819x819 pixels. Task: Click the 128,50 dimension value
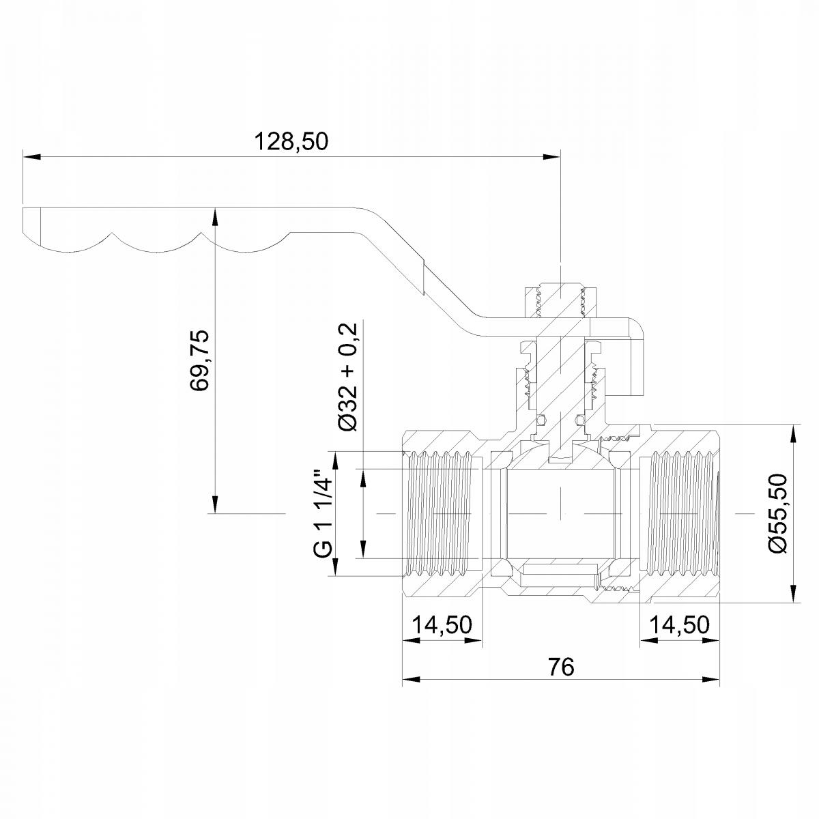coord(291,141)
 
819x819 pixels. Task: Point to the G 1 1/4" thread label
coord(323,513)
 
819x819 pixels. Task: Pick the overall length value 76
coord(560,667)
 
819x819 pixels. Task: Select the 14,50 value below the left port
coord(442,625)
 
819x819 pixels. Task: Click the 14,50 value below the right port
coord(680,625)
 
